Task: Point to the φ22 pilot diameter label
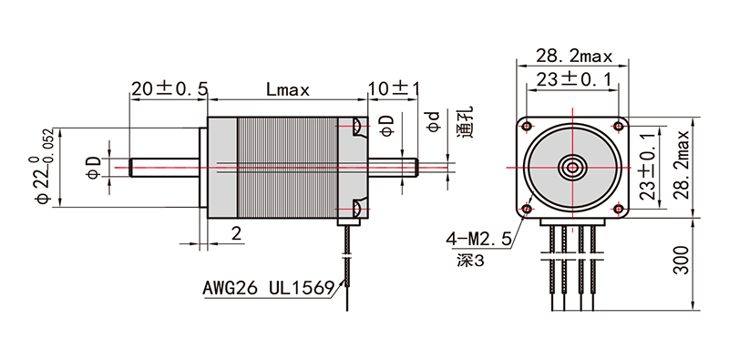[x=42, y=170]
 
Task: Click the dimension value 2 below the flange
[x=236, y=234]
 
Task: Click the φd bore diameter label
[x=435, y=122]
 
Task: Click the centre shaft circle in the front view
[x=572, y=168]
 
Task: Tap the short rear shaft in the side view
[x=393, y=168]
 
